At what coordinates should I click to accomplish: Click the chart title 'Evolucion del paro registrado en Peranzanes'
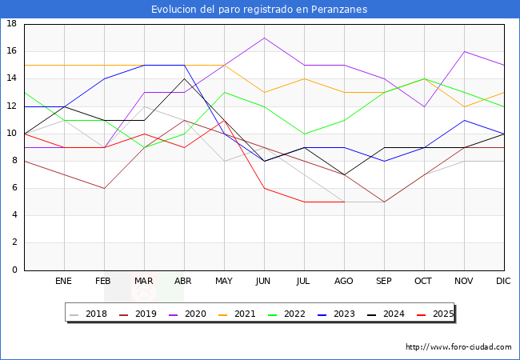pyautogui.click(x=259, y=9)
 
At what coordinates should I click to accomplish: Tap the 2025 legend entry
pyautogui.click(x=436, y=314)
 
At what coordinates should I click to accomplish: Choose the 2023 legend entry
pyautogui.click(x=338, y=314)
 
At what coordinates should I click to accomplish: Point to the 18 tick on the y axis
pyautogui.click(x=12, y=24)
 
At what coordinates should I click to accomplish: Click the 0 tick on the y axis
pyautogui.click(x=14, y=270)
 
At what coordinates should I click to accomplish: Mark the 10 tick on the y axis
pyautogui.click(x=12, y=134)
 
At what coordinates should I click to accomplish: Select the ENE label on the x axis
pyautogui.click(x=64, y=282)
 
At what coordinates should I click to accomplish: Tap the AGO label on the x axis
pyautogui.click(x=344, y=282)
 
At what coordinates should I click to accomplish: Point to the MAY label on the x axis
pyautogui.click(x=224, y=282)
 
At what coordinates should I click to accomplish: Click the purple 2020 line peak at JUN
pyautogui.click(x=264, y=38)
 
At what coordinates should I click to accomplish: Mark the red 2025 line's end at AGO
pyautogui.click(x=344, y=202)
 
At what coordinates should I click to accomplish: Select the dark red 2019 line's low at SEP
pyautogui.click(x=384, y=202)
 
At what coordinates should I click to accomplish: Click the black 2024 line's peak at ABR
pyautogui.click(x=184, y=78)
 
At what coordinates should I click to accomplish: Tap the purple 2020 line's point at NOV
pyautogui.click(x=464, y=51)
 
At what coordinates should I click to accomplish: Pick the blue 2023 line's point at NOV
pyautogui.click(x=464, y=120)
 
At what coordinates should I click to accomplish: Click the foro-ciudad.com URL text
pyautogui.click(x=458, y=347)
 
